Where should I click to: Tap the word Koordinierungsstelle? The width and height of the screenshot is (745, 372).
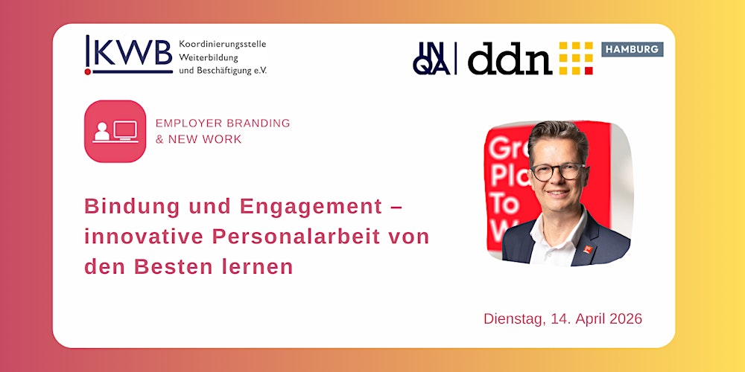[x=222, y=44]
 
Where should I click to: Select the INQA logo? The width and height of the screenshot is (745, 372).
[x=431, y=58]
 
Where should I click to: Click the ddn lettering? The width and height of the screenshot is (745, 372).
[x=510, y=58]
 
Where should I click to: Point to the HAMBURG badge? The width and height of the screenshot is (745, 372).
[x=632, y=49]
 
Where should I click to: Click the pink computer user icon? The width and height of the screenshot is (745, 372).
[x=115, y=131]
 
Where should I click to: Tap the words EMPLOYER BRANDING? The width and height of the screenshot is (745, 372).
[x=222, y=123]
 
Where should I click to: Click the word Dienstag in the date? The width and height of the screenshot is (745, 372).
[x=514, y=318]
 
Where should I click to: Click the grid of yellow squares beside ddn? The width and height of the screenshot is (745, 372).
[x=576, y=58]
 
